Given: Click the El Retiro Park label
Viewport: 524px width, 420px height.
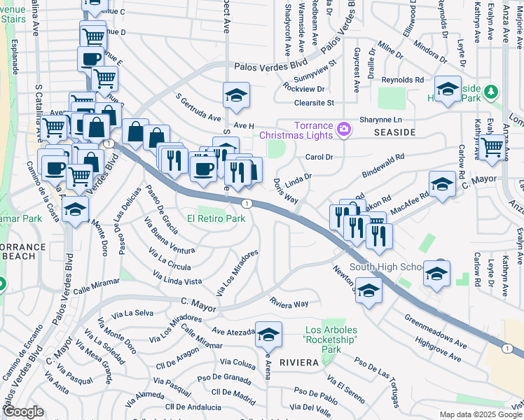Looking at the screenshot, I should pos(216,218).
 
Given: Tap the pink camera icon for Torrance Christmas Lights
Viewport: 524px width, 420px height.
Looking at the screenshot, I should pos(343,129).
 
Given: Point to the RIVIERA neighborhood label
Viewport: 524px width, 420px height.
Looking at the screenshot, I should pos(299,363).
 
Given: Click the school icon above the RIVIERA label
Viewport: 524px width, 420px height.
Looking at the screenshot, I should pos(268,337).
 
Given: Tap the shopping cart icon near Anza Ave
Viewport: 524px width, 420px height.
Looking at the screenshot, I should pos(493,148).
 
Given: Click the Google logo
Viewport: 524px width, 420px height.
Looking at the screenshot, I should pos(23,412).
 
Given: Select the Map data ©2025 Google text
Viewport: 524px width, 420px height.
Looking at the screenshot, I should pos(481,415).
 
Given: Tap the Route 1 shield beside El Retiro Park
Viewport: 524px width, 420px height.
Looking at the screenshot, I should pos(247,203).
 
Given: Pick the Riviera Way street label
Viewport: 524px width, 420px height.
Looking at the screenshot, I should pos(289,303).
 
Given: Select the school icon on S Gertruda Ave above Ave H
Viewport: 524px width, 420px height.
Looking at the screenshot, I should pos(236,95).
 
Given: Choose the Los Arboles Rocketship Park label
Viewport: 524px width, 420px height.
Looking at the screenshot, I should pos(332,339).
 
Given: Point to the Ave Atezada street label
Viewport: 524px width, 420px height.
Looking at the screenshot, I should pos(234,333).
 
